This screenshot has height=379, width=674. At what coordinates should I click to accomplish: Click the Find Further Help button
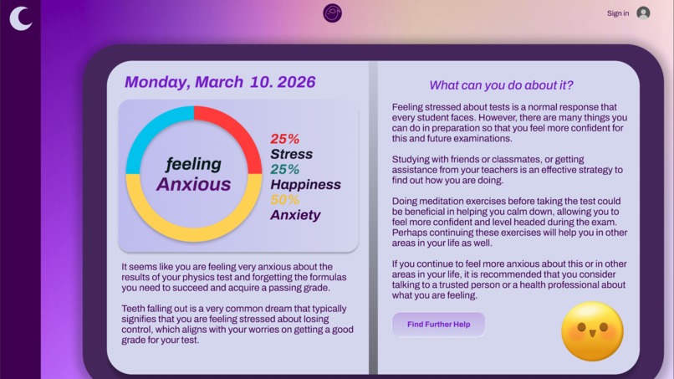[438, 324]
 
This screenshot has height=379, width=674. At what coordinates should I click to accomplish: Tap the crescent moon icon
[21, 18]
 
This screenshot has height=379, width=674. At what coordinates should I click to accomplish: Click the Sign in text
[618, 13]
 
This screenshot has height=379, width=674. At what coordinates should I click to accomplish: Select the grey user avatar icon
[643, 13]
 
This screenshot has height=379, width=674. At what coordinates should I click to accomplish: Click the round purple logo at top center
[333, 13]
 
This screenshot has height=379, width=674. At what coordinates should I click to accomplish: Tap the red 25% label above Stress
[284, 139]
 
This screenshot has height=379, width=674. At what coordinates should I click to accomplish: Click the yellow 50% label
[284, 200]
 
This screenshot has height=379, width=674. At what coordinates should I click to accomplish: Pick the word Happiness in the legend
[305, 184]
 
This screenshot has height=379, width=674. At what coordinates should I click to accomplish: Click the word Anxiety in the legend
[295, 215]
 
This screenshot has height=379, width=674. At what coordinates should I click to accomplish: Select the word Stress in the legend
[291, 154]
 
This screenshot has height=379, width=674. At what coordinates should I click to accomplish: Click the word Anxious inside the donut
[193, 185]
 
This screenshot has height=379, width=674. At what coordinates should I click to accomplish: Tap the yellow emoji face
[592, 330]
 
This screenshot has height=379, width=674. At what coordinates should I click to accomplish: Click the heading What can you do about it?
[501, 85]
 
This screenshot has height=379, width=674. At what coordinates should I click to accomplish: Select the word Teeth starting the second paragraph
[135, 308]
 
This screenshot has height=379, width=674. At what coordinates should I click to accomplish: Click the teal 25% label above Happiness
[284, 170]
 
